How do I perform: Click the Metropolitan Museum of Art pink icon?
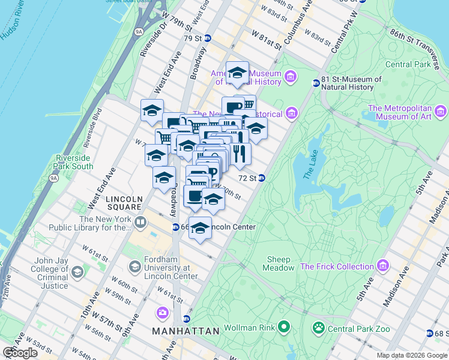tap(441, 111)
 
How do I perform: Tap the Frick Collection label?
tap(337, 266)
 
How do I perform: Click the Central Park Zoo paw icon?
tap(318, 328)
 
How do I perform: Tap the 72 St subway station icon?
tap(262, 178)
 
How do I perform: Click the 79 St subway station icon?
tap(208, 38)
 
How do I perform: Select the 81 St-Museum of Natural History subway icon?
tap(315, 83)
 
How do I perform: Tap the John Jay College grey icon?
tap(77, 272)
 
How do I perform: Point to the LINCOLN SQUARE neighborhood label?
tap(124, 199)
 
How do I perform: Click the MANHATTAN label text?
tap(185, 331)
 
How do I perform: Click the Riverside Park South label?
tap(73, 162)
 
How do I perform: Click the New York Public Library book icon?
tap(140, 223)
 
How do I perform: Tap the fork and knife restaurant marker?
tap(239, 154)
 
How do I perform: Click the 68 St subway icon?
tap(429, 333)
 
